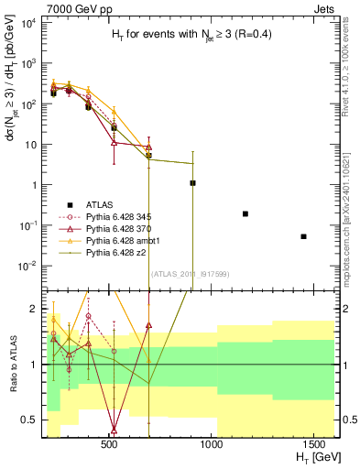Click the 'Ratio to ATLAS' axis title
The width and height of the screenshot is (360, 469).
[15, 365]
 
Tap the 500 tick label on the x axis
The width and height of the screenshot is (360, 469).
[109, 444]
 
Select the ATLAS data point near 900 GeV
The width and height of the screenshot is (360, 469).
[192, 183]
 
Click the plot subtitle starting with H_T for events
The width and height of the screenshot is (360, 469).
[179, 34]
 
